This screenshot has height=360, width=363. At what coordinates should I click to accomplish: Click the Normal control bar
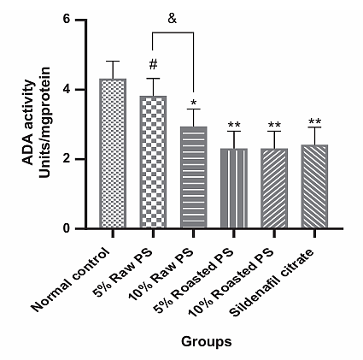(113, 153)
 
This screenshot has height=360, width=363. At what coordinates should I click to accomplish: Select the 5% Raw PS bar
(153, 162)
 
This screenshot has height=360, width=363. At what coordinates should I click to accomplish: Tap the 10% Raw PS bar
(193, 177)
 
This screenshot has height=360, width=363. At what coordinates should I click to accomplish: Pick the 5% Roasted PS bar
(234, 188)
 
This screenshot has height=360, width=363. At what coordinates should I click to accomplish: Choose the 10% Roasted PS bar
(274, 188)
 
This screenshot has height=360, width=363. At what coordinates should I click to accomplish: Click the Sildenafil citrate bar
(314, 186)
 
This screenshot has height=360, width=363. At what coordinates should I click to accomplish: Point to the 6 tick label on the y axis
(66, 20)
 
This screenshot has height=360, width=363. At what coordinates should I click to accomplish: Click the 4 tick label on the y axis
(66, 89)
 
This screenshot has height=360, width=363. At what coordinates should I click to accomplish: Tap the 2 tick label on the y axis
(66, 159)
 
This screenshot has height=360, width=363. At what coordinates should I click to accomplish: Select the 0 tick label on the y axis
(66, 228)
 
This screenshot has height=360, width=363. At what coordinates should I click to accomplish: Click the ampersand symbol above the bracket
(173, 19)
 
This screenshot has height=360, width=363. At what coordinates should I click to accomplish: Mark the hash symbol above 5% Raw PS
(153, 64)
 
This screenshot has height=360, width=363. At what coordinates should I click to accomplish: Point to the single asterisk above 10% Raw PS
(194, 103)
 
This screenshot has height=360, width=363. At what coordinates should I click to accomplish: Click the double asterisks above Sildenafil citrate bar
(314, 121)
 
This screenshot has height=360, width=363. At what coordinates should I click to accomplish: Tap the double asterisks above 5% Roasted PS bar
(234, 125)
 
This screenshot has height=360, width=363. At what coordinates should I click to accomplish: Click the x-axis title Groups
(207, 341)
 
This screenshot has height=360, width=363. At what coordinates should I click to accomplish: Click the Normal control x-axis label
(71, 280)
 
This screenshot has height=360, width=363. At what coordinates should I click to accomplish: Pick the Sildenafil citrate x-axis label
(272, 282)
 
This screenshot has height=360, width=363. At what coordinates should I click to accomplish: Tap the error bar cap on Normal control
(113, 61)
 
